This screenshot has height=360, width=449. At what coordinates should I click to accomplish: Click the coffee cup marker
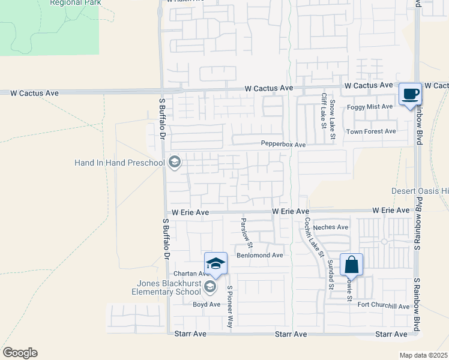411,94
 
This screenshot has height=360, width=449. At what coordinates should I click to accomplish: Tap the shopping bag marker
351,265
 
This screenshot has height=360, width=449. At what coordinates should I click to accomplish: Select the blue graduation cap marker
215,263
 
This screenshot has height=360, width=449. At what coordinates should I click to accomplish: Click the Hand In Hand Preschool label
119,163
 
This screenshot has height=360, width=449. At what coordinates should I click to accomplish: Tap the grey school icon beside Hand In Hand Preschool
175,162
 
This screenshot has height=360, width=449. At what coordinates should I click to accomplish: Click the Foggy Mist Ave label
370,107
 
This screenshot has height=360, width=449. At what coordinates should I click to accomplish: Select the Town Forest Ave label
371,131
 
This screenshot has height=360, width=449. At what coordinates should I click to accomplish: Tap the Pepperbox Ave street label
283,144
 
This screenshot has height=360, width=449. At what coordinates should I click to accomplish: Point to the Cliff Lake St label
323,110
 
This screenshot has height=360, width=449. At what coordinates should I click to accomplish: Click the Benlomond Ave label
259,255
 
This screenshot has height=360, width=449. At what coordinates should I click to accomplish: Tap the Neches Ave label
335,227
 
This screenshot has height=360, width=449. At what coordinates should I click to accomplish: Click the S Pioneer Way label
229,306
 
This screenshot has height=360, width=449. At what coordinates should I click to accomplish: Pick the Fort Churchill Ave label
383,306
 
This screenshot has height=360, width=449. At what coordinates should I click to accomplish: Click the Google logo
20,353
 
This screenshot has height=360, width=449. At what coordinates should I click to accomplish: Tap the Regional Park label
74,3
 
